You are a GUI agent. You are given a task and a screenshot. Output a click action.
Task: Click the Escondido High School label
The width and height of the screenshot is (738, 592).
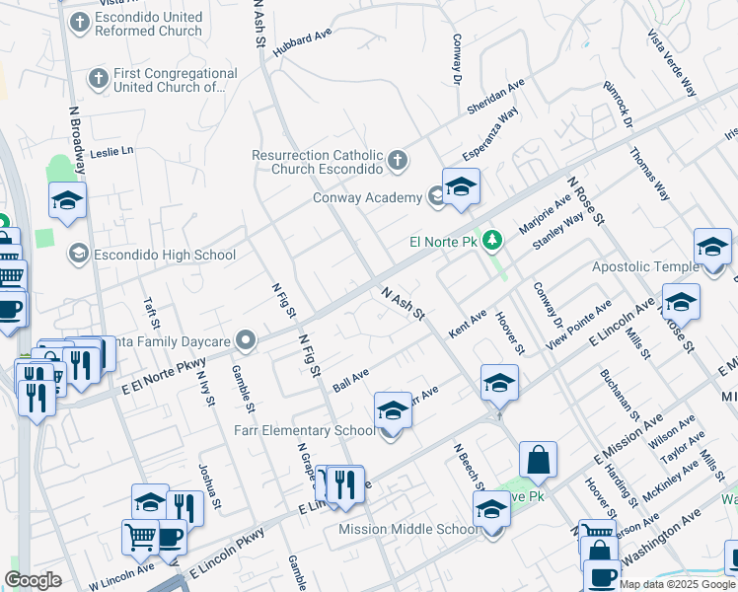point(164,255)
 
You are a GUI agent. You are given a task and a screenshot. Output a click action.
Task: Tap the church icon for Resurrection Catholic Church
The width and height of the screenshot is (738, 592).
point(397,160)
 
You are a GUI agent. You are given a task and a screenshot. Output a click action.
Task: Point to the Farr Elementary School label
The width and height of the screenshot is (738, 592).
point(304,430)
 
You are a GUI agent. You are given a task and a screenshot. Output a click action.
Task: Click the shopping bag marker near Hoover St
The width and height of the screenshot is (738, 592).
point(538,460)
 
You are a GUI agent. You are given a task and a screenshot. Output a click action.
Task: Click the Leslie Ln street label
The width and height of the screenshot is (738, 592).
point(111,152)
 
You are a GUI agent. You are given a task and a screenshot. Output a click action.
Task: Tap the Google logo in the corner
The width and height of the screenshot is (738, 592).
point(33,580)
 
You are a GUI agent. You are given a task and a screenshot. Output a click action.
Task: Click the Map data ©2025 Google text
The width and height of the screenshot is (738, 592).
point(676,584)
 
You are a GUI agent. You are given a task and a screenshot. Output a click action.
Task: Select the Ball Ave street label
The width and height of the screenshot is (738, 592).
point(350,380)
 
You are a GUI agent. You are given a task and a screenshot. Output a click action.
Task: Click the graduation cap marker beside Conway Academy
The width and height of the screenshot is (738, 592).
point(461,187)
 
